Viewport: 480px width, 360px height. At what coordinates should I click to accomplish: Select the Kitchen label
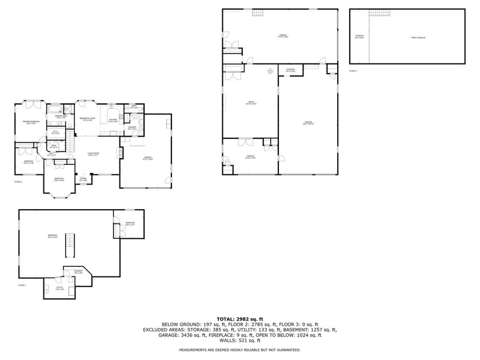[113, 120]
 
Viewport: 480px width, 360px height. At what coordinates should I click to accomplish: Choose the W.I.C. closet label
[55, 133]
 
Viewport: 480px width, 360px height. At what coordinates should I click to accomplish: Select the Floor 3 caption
[353, 71]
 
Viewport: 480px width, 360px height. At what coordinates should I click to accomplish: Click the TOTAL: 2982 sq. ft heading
[240, 318]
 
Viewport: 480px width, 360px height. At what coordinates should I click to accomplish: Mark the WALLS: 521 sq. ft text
[240, 340]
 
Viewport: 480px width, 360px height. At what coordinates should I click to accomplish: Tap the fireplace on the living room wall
[121, 153]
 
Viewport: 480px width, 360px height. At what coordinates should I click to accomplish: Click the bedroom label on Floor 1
[130, 223]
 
